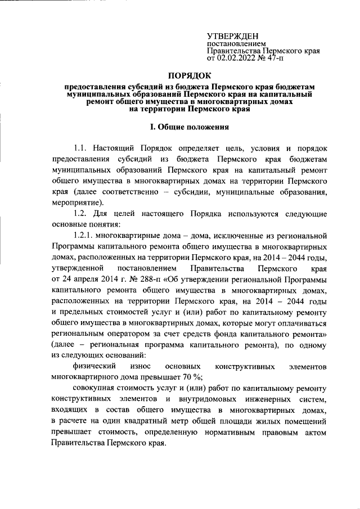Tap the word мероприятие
pyautogui.click(x=76, y=203)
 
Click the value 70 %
pyautogui.click(x=179, y=377)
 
